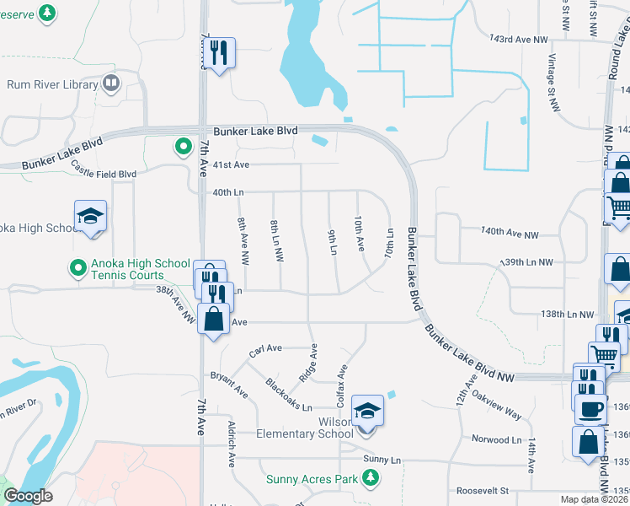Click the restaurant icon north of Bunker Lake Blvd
[x=221, y=53]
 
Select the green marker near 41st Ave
[x=183, y=148]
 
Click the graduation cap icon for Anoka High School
[x=90, y=217]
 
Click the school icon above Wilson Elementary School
[x=368, y=411]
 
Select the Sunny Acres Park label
[x=312, y=479]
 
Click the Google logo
[x=29, y=496]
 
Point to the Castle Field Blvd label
[x=104, y=173]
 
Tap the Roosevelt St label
[x=483, y=490]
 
